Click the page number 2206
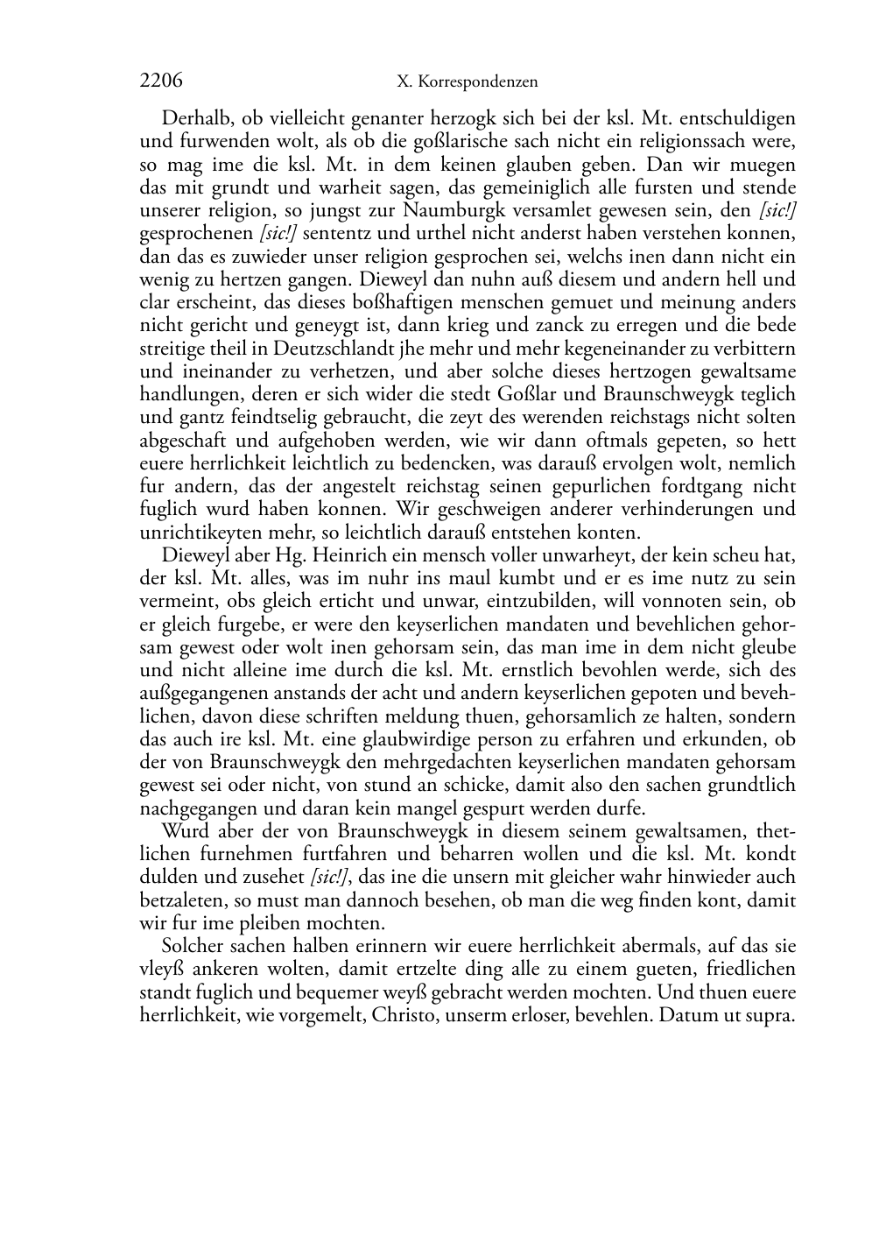[161, 81]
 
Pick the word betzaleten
[181, 900]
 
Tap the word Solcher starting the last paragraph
[193, 947]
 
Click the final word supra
[770, 1016]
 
